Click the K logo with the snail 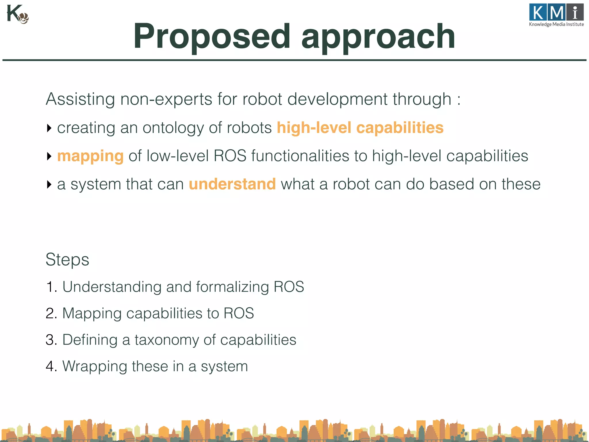[17, 14]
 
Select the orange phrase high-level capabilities [360, 127]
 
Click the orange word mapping [90, 156]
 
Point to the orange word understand [232, 184]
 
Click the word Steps [67, 259]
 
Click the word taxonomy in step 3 [167, 340]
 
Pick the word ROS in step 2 [238, 313]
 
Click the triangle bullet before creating [49, 128]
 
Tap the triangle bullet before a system [49, 184]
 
